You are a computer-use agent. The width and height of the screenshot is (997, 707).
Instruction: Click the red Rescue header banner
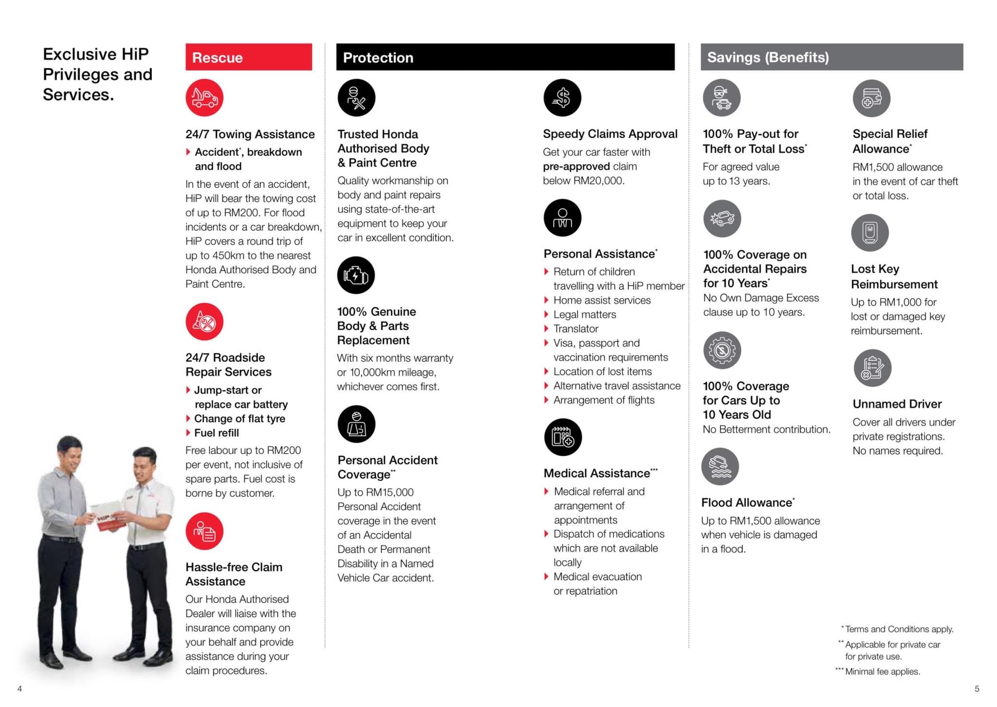click(x=248, y=57)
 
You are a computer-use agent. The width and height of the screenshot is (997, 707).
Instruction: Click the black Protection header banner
click(x=505, y=57)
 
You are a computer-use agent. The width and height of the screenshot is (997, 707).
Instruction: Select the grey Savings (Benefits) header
click(x=831, y=57)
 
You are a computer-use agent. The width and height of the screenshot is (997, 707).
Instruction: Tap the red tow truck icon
click(x=204, y=97)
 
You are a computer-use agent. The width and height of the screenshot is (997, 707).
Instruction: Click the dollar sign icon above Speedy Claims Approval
click(x=562, y=97)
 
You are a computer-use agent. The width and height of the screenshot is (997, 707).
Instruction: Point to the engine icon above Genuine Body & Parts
click(x=356, y=275)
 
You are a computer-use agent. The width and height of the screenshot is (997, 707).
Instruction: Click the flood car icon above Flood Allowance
click(x=720, y=466)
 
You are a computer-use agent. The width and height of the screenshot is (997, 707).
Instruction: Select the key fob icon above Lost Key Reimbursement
click(x=869, y=233)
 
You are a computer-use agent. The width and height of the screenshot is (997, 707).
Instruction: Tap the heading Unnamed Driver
click(x=897, y=404)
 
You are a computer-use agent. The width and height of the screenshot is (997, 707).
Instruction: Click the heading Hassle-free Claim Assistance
click(x=234, y=574)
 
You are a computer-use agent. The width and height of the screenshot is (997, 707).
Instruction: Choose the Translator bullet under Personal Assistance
click(x=575, y=329)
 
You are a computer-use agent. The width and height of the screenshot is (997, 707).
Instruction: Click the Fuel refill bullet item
click(x=216, y=433)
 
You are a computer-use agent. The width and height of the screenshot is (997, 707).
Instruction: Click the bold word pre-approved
click(x=576, y=167)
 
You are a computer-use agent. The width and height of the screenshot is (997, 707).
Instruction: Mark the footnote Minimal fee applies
click(x=882, y=671)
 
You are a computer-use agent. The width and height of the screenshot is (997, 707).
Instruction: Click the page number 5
click(x=977, y=688)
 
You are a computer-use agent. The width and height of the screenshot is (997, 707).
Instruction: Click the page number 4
click(x=19, y=688)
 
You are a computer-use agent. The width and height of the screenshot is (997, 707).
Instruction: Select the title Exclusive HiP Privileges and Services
click(x=97, y=74)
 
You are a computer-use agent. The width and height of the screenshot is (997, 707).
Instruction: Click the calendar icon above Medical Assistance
click(x=563, y=437)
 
